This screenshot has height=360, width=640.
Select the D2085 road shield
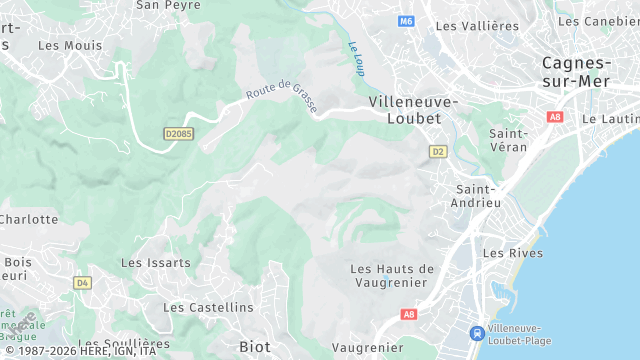(x=178, y=132)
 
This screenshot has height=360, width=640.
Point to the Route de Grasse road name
(x=283, y=97)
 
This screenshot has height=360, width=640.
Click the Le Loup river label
(x=356, y=58)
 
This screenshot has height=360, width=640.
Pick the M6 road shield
(x=405, y=21)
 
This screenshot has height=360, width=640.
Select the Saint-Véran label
(x=509, y=140)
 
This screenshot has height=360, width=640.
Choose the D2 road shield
(x=437, y=151)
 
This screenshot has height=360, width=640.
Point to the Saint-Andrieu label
(x=477, y=196)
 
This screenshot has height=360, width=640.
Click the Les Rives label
(x=512, y=254)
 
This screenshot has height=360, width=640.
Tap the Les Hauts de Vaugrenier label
(x=393, y=277)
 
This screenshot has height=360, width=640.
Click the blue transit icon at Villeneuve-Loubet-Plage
(x=478, y=332)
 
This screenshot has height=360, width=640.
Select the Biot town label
(x=255, y=346)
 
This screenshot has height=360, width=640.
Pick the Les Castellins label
(x=208, y=308)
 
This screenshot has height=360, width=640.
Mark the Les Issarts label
(x=155, y=263)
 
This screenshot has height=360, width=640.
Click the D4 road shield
(x=82, y=283)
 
